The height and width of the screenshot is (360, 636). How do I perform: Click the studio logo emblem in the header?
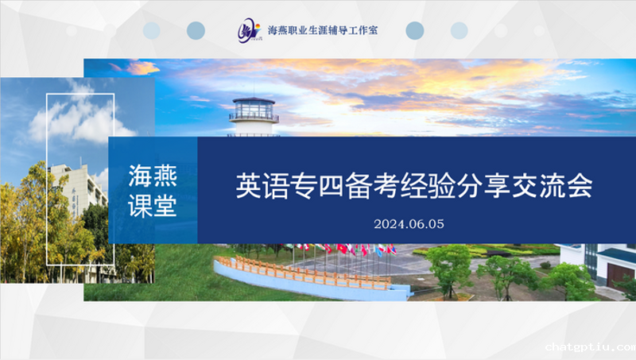[249, 30]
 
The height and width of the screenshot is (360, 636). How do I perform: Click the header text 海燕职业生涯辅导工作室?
[323, 30]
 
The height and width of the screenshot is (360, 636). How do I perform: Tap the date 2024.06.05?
[409, 224]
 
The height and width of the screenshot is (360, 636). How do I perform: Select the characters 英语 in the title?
[263, 186]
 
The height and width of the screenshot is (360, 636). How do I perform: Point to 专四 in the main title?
[317, 186]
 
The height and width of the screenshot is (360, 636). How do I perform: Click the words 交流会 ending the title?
[552, 186]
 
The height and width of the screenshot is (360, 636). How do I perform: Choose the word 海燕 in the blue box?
[153, 176]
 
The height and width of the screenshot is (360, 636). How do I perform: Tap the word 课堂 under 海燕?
[153, 206]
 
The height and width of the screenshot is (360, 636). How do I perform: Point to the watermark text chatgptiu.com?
[591, 347]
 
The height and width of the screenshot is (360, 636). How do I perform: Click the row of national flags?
[345, 250]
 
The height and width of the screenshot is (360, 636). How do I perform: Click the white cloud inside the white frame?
[81, 119]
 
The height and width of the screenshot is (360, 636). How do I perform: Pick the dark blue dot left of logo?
[196, 30]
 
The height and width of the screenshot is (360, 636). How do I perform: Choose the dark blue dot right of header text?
[414, 30]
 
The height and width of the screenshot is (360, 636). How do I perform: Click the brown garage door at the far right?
[621, 274]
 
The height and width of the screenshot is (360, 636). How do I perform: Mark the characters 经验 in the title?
[428, 186]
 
